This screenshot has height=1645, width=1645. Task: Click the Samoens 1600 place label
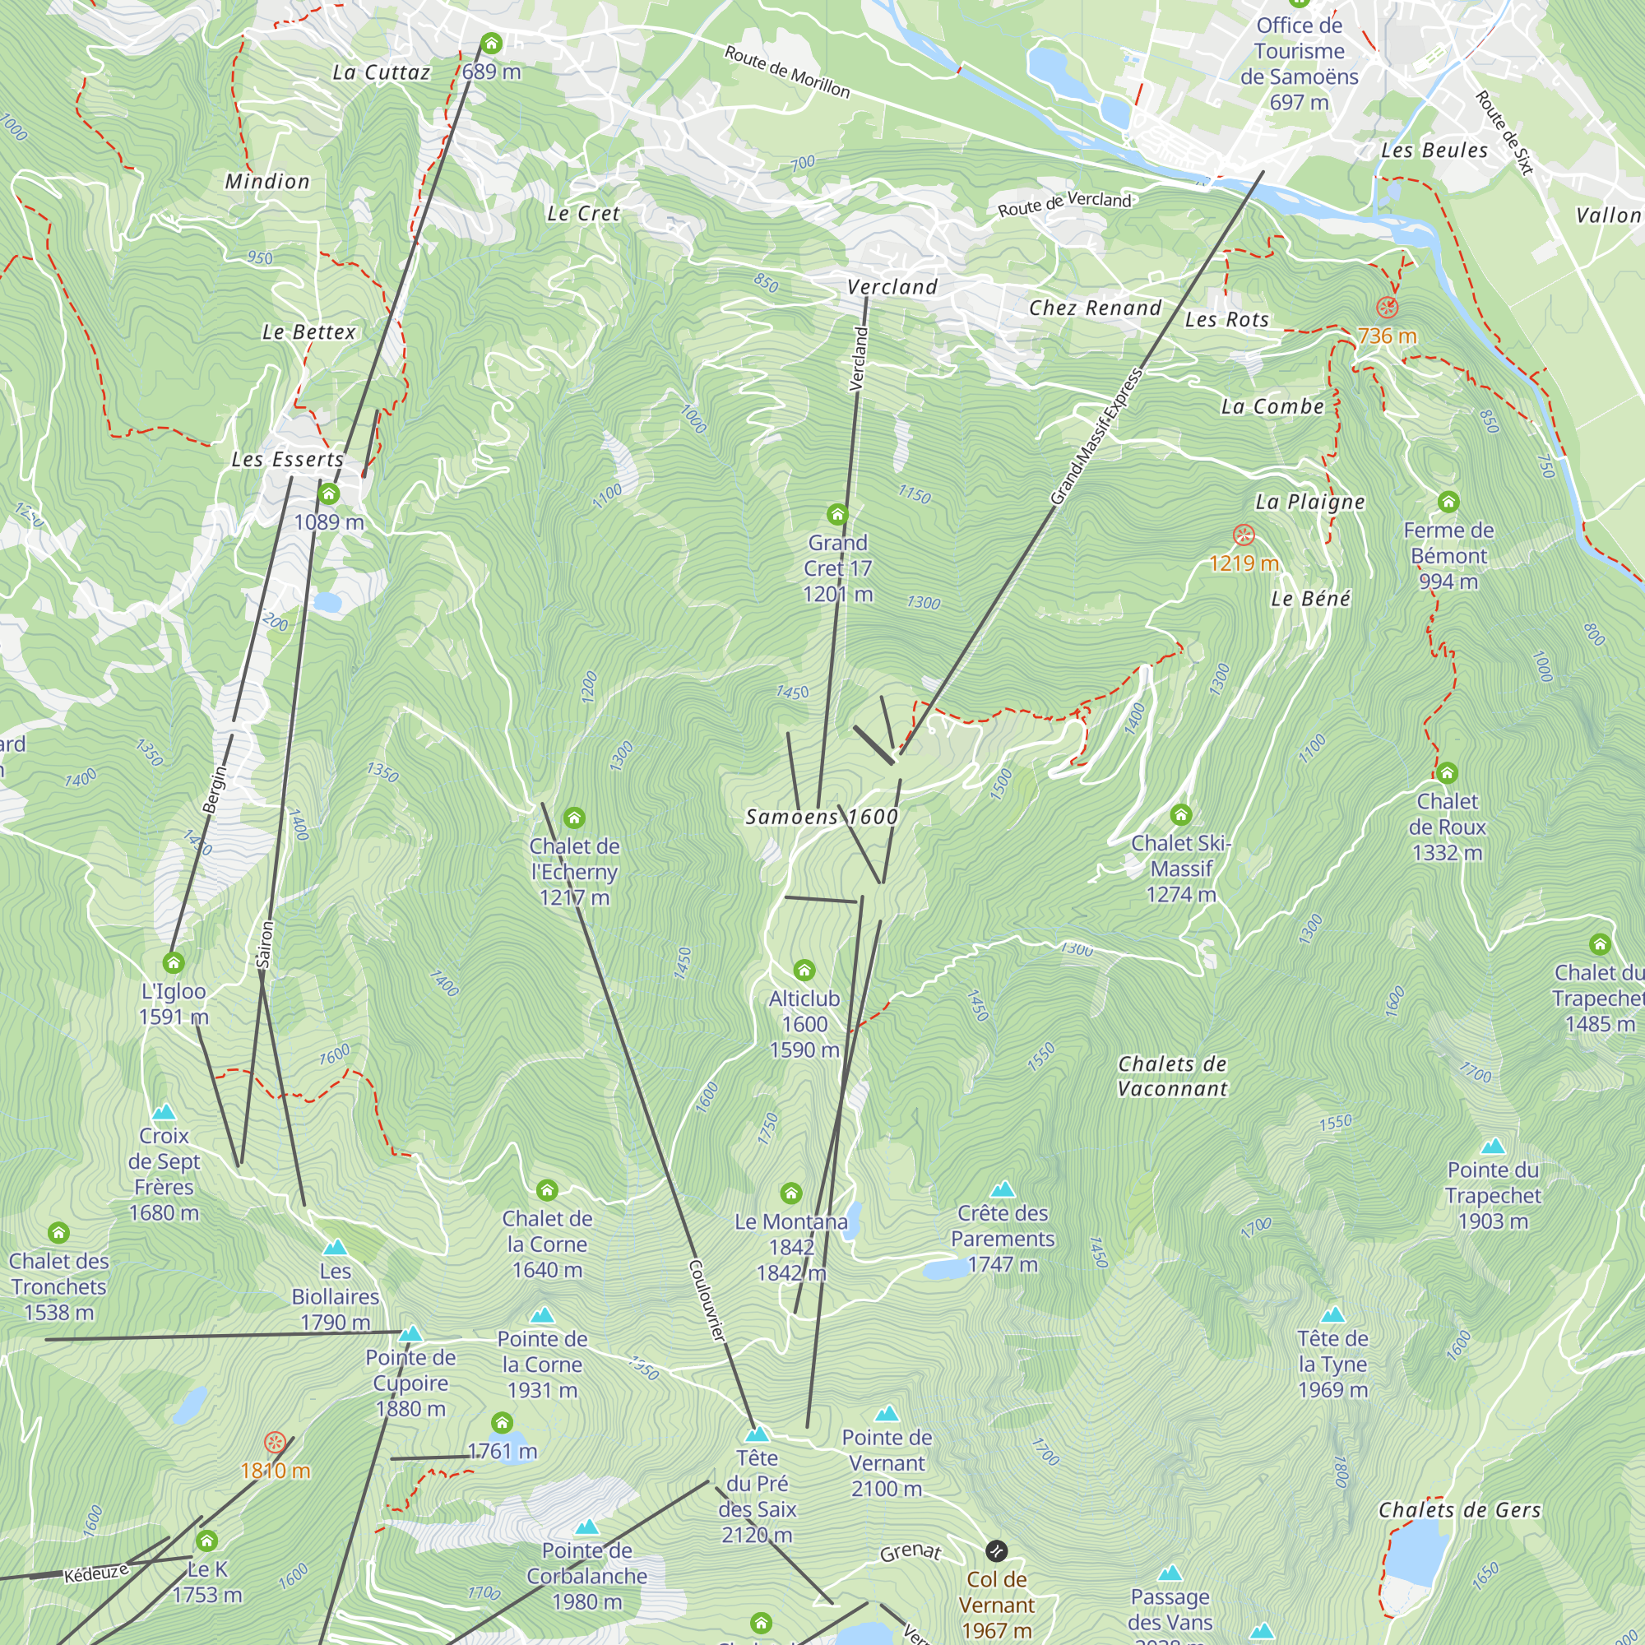pos(822,817)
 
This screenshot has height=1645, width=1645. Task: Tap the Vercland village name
pos(892,287)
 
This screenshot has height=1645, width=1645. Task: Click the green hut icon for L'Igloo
pos(174,963)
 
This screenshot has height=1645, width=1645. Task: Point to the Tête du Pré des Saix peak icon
pos(757,1434)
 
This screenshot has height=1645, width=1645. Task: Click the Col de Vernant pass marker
pos(996,1550)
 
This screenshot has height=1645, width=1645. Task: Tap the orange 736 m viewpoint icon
pos(1387,307)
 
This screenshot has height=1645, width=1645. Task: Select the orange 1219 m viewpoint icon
pos(1244,535)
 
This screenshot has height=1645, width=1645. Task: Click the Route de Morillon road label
pos(787,72)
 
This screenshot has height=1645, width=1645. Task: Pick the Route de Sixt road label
pos(1504,132)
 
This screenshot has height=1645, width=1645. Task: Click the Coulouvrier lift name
pos(707,1301)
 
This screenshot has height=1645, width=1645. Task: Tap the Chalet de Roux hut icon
pos(1447,773)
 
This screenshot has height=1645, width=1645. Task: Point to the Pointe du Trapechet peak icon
pos(1493,1146)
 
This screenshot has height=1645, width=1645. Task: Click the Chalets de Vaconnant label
pos(1172,1076)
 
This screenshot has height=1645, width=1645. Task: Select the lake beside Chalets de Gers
pos(1413,1551)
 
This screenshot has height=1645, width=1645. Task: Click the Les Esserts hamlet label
pos(288,459)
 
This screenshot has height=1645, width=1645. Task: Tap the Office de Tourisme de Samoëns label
pos(1299,64)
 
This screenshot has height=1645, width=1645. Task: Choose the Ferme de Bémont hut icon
pos(1448,502)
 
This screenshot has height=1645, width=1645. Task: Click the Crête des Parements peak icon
pos(1002,1189)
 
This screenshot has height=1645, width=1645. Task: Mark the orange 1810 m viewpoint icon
pos(274,1442)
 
